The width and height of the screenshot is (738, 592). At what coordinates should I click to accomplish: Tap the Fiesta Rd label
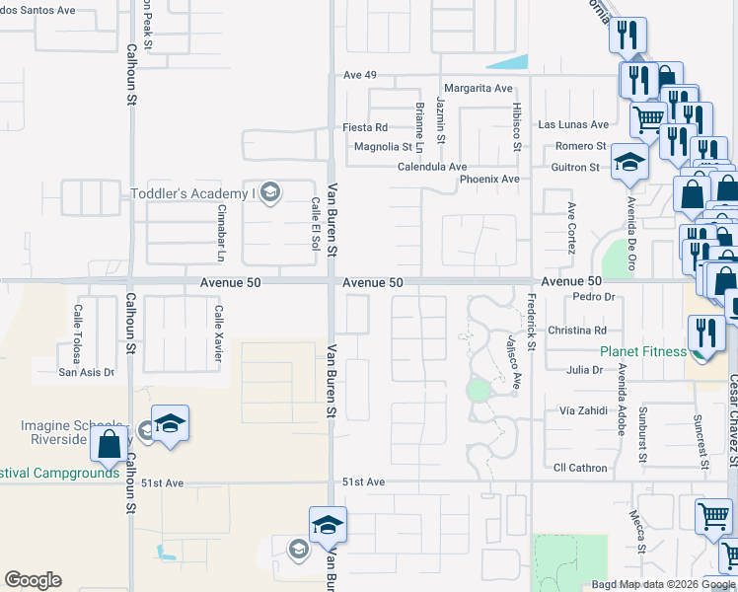pyautogui.click(x=365, y=127)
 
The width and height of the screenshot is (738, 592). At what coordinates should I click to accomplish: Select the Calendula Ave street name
pyautogui.click(x=431, y=167)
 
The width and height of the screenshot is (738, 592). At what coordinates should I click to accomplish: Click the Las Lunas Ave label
pyautogui.click(x=573, y=125)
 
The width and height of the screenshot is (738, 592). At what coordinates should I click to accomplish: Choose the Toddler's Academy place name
pyautogui.click(x=192, y=193)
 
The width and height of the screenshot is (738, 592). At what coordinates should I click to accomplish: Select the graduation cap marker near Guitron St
pyautogui.click(x=628, y=161)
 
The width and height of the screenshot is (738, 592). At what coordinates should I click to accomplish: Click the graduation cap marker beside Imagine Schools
pyautogui.click(x=170, y=422)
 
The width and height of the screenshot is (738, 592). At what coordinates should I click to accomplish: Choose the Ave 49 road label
pyautogui.click(x=353, y=75)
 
